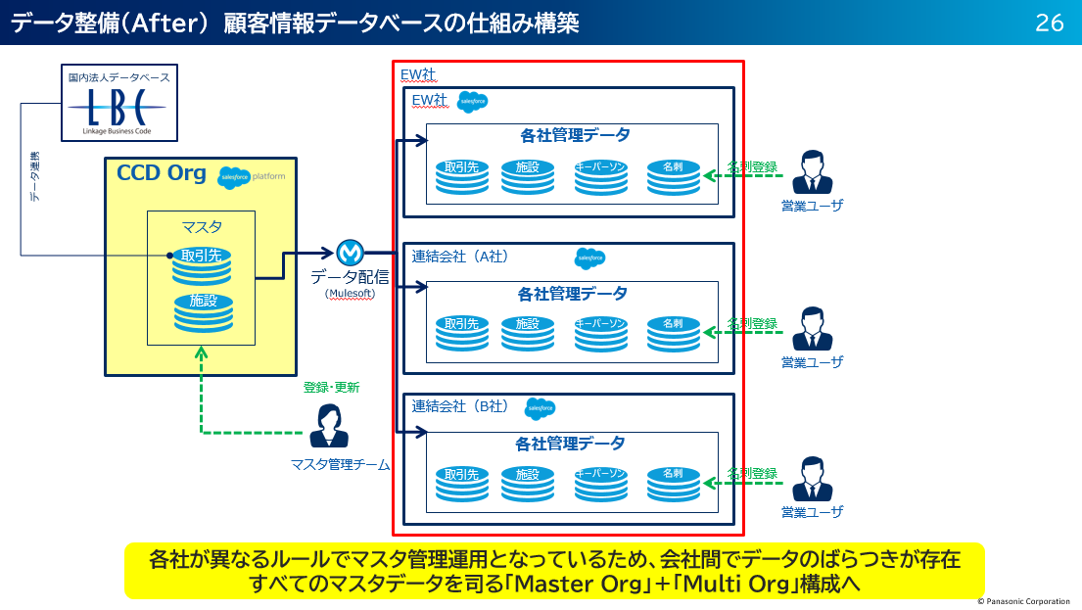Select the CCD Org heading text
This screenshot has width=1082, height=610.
(162, 174)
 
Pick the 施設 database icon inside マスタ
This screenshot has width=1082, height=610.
(202, 312)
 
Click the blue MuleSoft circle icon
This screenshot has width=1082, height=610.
(350, 253)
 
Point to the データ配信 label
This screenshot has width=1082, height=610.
(351, 276)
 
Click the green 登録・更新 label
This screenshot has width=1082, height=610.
(332, 388)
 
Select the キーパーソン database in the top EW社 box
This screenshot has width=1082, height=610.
(600, 177)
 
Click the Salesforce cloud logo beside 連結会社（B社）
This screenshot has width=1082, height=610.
(540, 408)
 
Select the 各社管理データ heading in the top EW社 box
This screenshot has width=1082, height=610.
(575, 136)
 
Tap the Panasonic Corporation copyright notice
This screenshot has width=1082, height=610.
(1023, 601)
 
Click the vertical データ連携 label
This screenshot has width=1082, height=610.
(35, 177)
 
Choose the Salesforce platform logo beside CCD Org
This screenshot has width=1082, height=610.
(253, 176)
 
